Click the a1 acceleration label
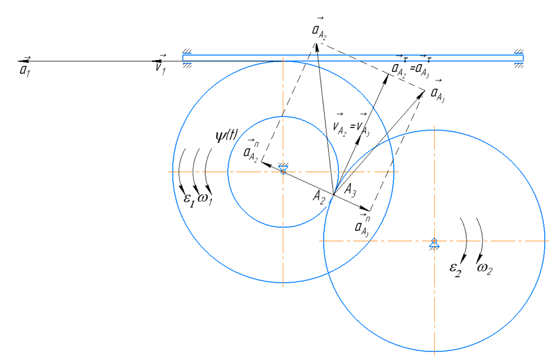click(x=24, y=67)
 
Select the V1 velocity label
click(x=160, y=67)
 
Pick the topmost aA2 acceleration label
click(x=319, y=31)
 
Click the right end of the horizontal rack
click(x=521, y=58)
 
